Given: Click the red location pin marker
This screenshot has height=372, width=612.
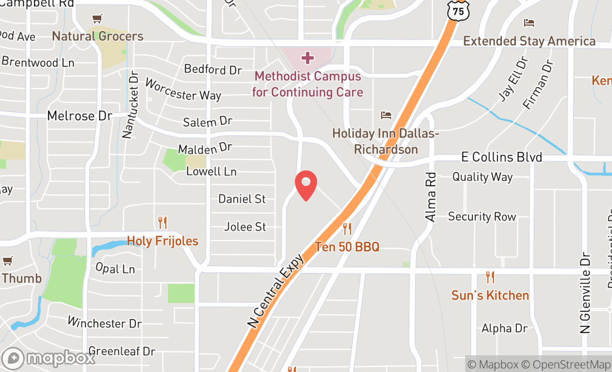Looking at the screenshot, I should point(305,185).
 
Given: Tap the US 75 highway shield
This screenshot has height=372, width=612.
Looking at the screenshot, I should point(458,11).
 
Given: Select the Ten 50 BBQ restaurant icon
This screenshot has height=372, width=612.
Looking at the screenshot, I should point(347,228).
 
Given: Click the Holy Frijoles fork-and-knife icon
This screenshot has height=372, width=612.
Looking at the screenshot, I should point(162,223).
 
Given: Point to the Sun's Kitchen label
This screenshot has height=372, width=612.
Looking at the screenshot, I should point(490,295).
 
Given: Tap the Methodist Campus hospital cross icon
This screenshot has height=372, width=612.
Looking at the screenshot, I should point(307,57).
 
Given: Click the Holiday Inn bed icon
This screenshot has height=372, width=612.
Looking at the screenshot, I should point(386,115).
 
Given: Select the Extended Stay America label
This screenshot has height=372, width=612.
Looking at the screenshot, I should point(529,41).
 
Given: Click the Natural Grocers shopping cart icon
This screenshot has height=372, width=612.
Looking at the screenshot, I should point(97,19).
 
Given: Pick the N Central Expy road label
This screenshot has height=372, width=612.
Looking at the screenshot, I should point(277,291).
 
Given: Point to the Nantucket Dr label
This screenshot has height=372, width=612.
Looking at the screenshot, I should point(129,104).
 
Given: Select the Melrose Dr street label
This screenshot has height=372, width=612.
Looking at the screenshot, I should point(80,116).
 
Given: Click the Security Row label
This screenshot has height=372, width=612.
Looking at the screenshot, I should point(482,217).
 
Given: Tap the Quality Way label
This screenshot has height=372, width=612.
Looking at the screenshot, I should point(482,177).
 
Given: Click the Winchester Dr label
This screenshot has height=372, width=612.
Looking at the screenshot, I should point(105,323).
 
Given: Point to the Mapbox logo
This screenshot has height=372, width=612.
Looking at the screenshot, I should point(48,358).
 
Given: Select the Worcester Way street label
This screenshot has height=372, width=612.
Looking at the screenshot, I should point(183,89).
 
